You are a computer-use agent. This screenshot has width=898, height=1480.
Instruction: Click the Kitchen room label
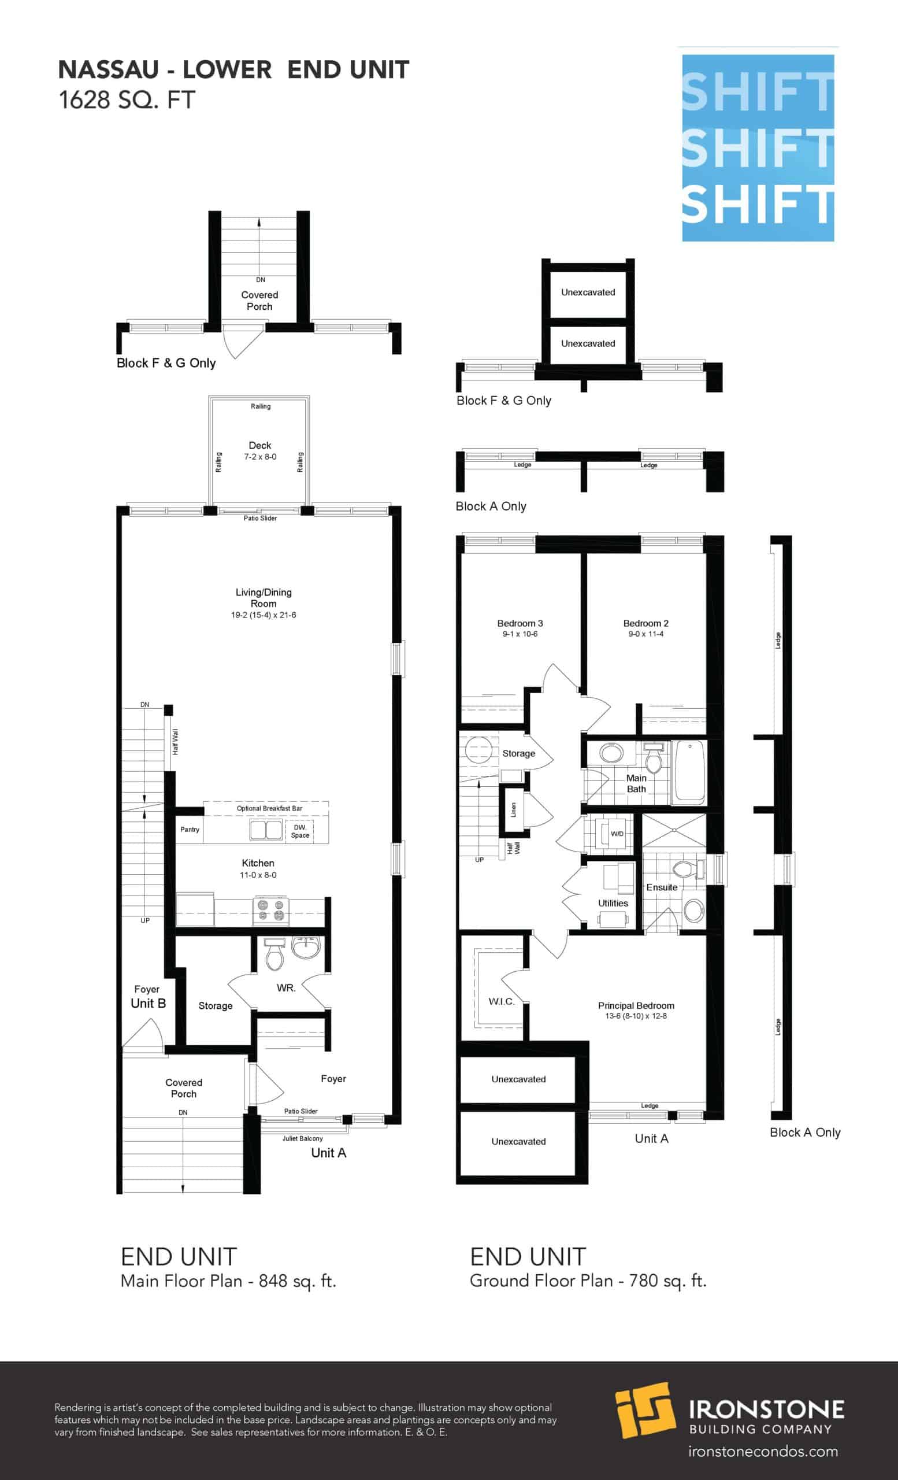258,863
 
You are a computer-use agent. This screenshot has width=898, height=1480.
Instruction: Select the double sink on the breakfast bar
265,830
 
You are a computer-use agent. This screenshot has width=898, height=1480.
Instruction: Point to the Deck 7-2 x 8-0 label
260,450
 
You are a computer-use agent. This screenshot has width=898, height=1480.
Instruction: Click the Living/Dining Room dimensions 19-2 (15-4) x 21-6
264,615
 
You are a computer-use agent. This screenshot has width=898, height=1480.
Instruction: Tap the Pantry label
190,830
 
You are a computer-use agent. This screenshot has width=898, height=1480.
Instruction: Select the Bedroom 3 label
520,623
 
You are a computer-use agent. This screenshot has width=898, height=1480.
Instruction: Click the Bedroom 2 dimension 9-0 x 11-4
646,634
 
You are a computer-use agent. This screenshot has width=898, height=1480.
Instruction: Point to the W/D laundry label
617,834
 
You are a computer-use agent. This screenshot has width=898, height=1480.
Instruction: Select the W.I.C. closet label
501,1001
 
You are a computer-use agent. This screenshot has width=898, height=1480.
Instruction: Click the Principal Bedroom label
636,1005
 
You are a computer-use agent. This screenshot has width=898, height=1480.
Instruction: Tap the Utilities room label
613,904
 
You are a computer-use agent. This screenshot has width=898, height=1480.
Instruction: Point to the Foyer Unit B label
148,997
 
